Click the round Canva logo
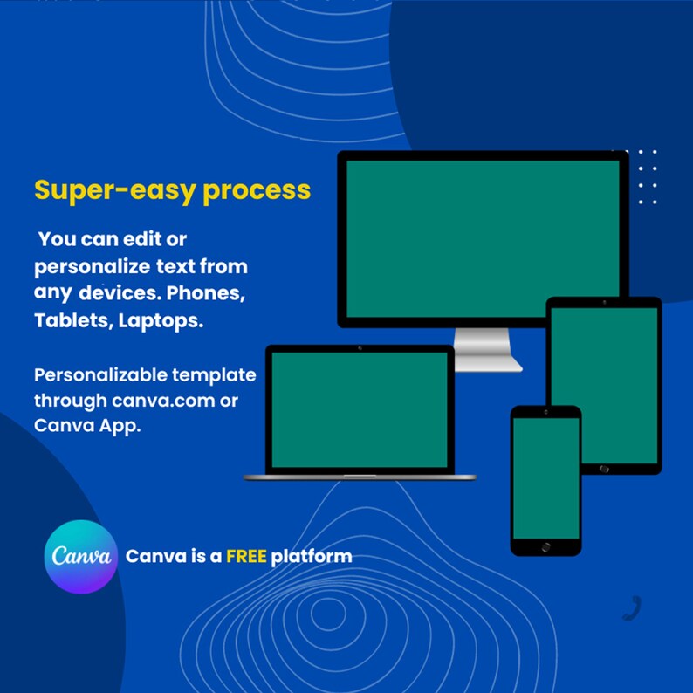pyautogui.click(x=81, y=557)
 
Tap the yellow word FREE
pyautogui.click(x=246, y=556)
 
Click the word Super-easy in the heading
pyautogui.click(x=115, y=191)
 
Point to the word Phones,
pyautogui.click(x=205, y=293)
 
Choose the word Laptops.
pyautogui.click(x=161, y=321)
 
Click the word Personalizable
pyautogui.click(x=100, y=374)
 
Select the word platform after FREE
pyautogui.click(x=312, y=557)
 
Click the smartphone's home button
pyautogui.click(x=545, y=547)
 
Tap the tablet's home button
pyautogui.click(x=604, y=469)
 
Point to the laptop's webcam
pyautogui.click(x=360, y=348)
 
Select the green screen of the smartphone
pyautogui.click(x=545, y=478)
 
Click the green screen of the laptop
pyautogui.click(x=360, y=409)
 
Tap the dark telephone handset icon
pyautogui.click(x=632, y=608)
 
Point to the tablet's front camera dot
pyautogui.click(x=604, y=302)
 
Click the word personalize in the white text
pyautogui.click(x=93, y=267)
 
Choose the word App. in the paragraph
pyautogui.click(x=120, y=426)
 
